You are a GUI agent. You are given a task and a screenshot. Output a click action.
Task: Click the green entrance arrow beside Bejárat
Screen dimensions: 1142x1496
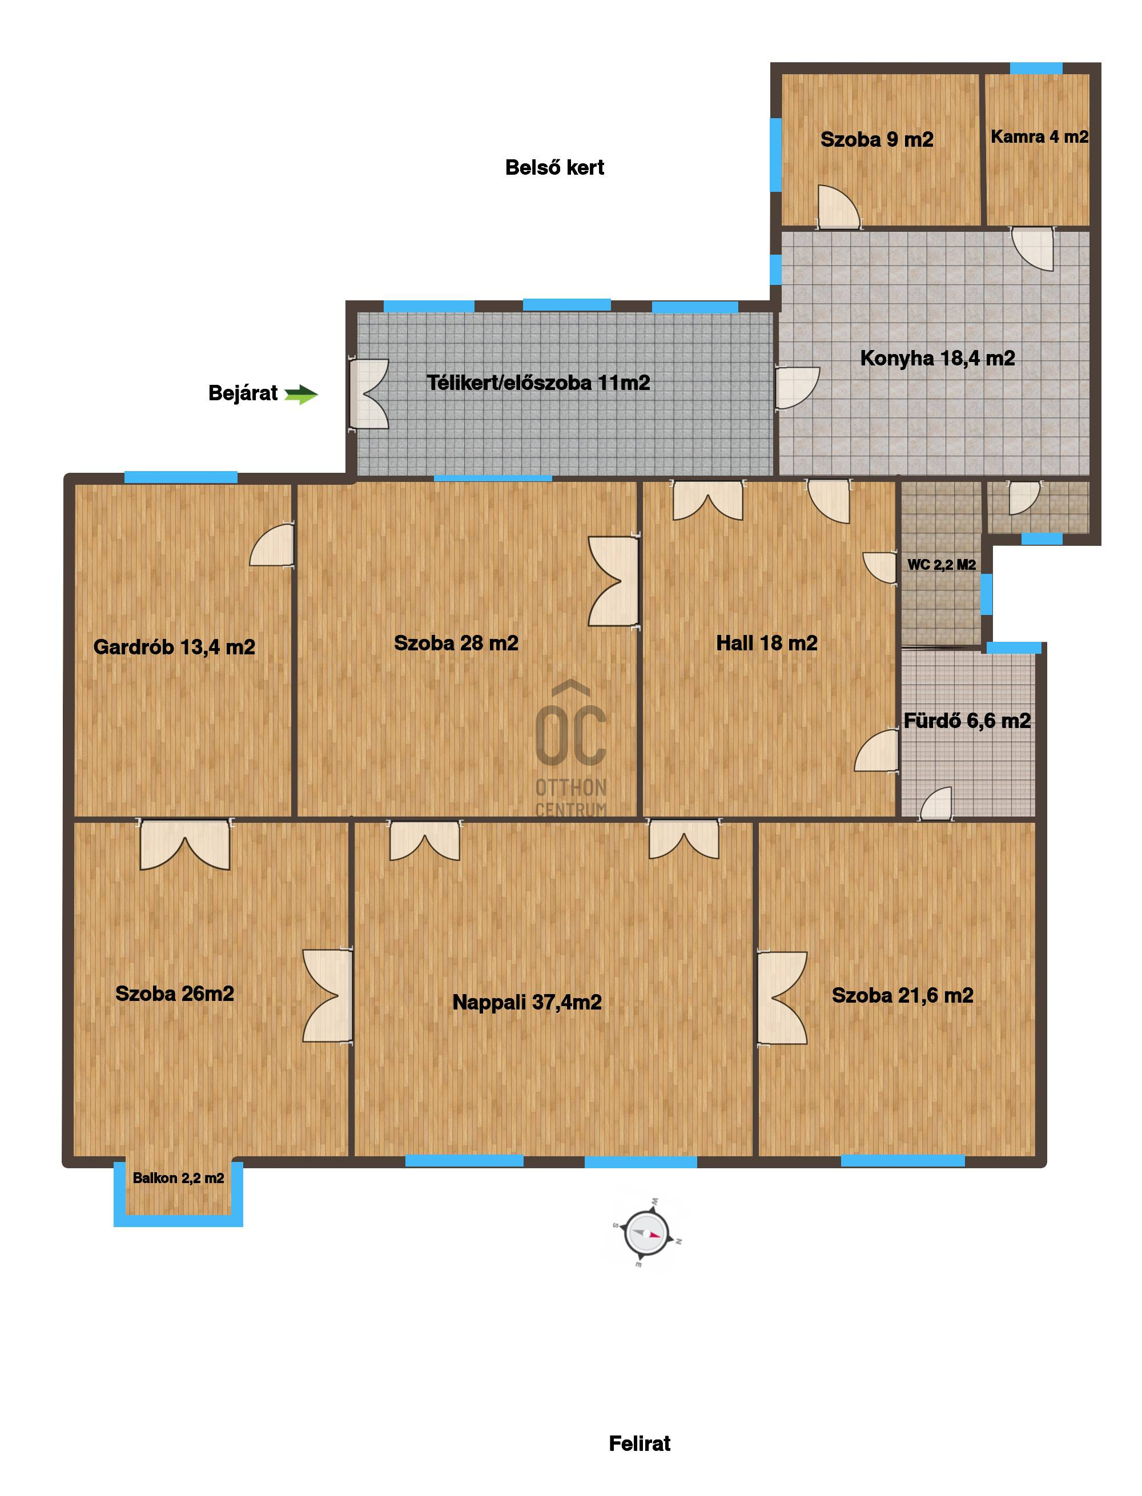[301, 395]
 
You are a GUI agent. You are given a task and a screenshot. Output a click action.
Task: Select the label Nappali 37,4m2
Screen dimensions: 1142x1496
[527, 1002]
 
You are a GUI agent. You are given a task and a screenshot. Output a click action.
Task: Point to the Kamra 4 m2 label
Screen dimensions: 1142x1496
[1039, 136]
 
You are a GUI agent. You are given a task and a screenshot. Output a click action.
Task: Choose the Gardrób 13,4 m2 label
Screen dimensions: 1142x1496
[174, 646]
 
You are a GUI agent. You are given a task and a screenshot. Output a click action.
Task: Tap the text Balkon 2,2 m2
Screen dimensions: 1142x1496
[178, 1178]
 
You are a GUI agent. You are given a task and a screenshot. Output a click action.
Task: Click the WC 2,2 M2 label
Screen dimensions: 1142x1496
[942, 564]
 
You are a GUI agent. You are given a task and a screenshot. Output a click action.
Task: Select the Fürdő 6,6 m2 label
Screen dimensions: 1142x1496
[967, 720]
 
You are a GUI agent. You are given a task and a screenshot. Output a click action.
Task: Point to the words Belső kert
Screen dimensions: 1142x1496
[554, 167]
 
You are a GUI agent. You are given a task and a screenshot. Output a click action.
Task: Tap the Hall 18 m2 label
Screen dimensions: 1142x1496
[767, 643]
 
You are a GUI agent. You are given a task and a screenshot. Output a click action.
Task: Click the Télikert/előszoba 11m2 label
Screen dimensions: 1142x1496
[538, 383]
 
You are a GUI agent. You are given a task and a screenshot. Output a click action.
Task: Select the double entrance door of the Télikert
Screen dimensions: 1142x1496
[368, 394]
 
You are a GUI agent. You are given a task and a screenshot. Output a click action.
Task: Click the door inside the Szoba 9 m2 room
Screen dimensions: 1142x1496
[839, 206]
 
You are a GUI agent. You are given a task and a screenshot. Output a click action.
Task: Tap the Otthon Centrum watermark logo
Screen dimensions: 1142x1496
[571, 747]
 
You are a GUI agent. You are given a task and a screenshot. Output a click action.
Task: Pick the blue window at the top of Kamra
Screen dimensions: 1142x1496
[1036, 68]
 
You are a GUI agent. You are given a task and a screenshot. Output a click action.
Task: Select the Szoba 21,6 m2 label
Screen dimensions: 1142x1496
[902, 995]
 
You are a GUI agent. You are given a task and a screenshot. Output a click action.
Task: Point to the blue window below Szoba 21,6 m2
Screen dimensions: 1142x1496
[903, 1160]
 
